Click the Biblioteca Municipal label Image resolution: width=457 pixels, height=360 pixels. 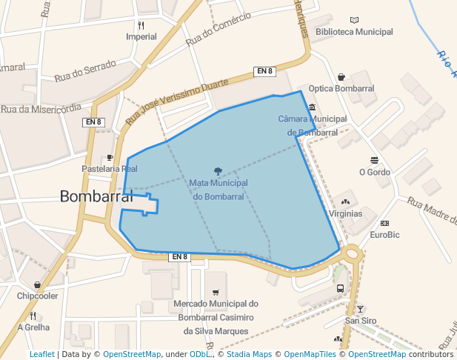(x=354, y=32)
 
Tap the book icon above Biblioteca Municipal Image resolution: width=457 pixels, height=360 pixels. (x=354, y=20)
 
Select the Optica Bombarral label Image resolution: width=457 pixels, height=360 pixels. (x=341, y=88)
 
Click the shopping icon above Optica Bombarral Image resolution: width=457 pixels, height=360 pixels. (x=341, y=76)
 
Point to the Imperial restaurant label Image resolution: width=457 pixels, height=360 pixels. (x=141, y=36)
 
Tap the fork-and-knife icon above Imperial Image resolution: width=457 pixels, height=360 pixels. (x=141, y=24)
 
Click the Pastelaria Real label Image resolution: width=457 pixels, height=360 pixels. (x=110, y=169)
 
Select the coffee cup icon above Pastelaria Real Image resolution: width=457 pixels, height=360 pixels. (x=110, y=157)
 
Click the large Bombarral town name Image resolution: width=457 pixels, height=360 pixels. (x=96, y=197)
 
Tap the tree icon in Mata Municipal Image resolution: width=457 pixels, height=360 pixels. (x=218, y=171)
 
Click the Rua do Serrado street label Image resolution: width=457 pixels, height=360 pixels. (x=85, y=70)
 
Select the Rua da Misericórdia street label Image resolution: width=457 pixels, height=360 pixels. (x=41, y=108)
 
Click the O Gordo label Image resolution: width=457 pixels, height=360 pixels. (x=374, y=172)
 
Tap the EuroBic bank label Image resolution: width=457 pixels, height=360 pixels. (x=384, y=235)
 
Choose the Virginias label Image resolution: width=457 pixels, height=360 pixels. (x=346, y=213)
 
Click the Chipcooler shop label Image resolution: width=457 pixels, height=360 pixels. (x=37, y=296)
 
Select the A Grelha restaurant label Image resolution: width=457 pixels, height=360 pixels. (x=33, y=327)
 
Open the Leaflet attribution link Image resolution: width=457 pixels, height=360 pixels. (x=41, y=354)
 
